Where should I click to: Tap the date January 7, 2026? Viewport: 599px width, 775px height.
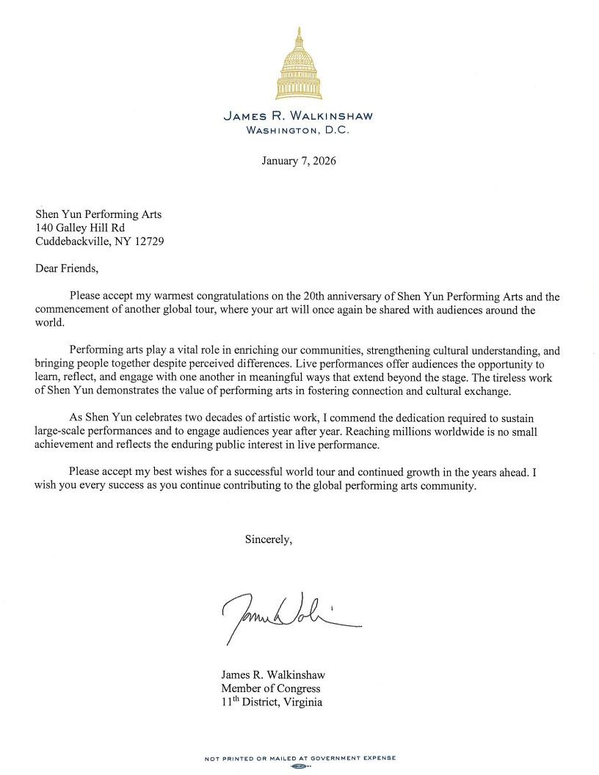299,161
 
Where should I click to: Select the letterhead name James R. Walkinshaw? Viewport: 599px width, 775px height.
299,116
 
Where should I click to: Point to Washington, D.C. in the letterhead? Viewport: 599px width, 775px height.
299,130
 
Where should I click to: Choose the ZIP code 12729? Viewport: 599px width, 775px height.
149,241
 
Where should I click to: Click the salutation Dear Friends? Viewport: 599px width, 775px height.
66,268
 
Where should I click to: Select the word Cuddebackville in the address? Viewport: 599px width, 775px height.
69,241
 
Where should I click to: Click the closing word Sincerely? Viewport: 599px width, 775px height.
269,539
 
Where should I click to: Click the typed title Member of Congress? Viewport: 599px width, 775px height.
271,688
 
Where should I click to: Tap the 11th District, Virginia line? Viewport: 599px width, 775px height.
272,702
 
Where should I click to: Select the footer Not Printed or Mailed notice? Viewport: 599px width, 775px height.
299,758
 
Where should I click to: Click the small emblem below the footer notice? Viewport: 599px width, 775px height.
299,766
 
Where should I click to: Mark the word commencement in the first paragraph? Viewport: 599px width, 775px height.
70,310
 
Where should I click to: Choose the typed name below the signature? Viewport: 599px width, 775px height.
273,674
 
